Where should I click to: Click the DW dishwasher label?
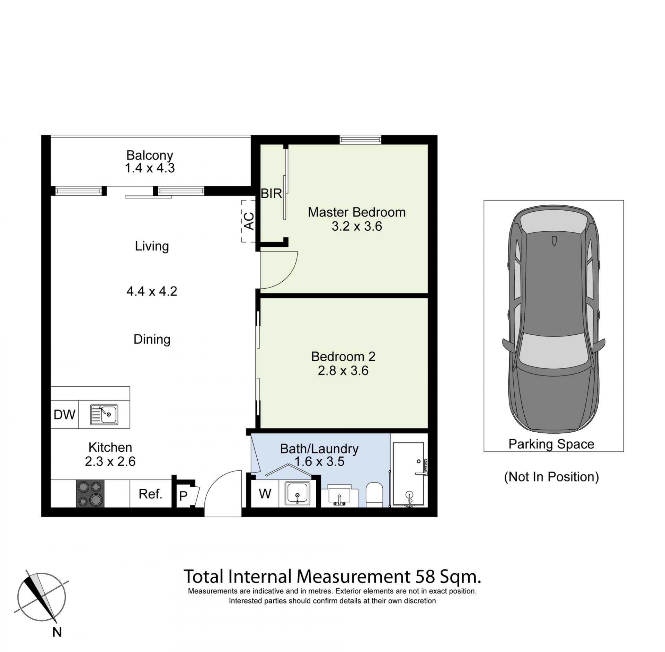[64, 414]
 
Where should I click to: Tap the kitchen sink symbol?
[104, 414]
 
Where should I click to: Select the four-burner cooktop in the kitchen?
[90, 493]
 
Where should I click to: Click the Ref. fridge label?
[150, 494]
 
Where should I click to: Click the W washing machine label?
[265, 493]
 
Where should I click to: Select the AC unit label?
[249, 221]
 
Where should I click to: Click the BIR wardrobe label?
[271, 193]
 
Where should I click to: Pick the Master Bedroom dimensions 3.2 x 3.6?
[357, 226]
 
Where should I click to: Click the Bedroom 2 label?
[343, 356]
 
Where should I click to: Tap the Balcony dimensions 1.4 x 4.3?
[150, 168]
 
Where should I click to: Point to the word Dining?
[152, 339]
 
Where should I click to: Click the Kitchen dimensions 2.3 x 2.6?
[110, 461]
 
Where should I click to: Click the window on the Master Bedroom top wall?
[360, 140]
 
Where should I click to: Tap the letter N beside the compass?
[57, 632]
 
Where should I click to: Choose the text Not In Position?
[551, 477]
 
